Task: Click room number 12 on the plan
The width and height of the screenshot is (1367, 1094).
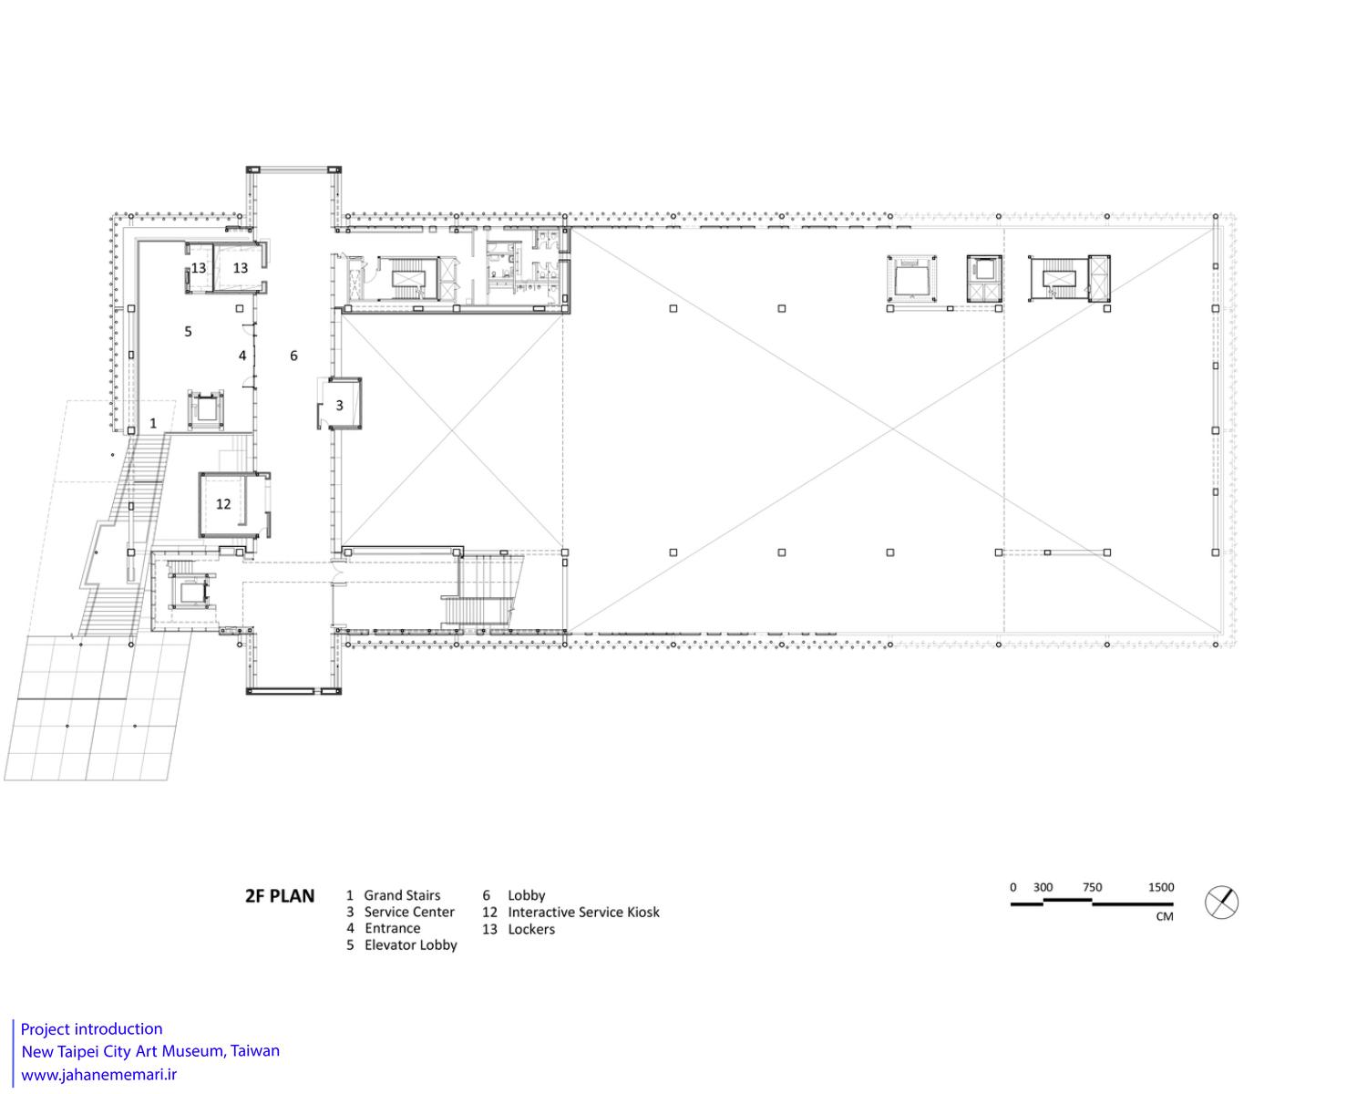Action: click(x=223, y=504)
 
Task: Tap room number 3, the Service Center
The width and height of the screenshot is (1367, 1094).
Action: click(x=339, y=405)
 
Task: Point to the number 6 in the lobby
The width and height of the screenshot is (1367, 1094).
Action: click(x=293, y=356)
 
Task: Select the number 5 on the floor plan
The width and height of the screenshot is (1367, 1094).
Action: click(x=188, y=331)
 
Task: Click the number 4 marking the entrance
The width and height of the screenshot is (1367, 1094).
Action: click(x=242, y=356)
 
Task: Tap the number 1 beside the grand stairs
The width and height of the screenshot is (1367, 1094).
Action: click(x=153, y=423)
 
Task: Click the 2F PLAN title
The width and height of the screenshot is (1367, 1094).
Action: click(x=280, y=896)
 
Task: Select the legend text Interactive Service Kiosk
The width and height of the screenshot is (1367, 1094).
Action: click(x=583, y=913)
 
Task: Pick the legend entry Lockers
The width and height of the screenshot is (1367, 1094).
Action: click(x=531, y=929)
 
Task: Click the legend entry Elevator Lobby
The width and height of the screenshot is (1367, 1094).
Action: click(x=410, y=945)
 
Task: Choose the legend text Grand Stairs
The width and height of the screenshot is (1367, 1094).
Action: click(x=402, y=895)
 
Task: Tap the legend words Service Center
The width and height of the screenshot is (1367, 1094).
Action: click(x=409, y=913)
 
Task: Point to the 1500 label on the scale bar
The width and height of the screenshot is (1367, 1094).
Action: click(x=1161, y=887)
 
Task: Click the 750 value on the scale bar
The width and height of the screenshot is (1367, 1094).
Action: click(x=1092, y=887)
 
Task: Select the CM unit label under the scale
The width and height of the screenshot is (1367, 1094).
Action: click(x=1165, y=916)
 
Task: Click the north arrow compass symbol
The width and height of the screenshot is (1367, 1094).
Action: click(x=1221, y=903)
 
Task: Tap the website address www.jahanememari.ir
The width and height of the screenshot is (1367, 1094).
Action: click(x=98, y=1074)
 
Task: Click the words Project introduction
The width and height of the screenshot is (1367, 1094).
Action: click(x=91, y=1029)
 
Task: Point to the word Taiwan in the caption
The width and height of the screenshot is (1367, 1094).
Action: click(x=255, y=1051)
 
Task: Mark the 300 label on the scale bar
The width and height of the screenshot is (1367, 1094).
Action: click(x=1043, y=887)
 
